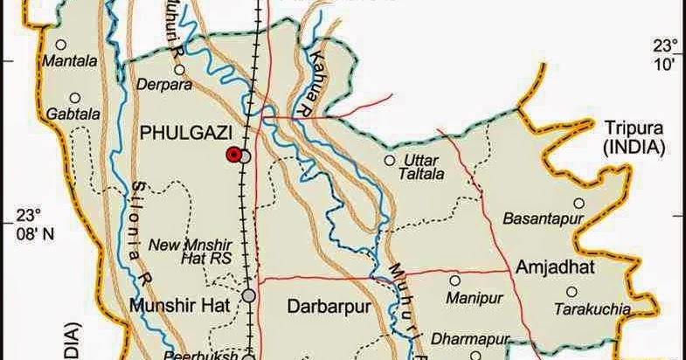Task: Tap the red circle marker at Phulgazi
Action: (233, 155)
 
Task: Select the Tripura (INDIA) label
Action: (632, 136)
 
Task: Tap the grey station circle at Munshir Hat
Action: (249, 296)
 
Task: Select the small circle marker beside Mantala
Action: (61, 45)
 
